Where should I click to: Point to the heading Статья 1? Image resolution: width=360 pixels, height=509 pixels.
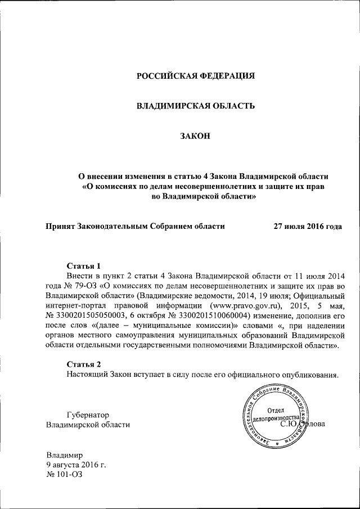point(83,265)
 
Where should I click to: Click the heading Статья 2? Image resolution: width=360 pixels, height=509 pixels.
point(83,363)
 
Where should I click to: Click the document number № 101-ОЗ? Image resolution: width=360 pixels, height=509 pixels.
point(64,475)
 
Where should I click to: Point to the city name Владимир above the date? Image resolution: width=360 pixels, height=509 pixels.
point(64,454)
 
